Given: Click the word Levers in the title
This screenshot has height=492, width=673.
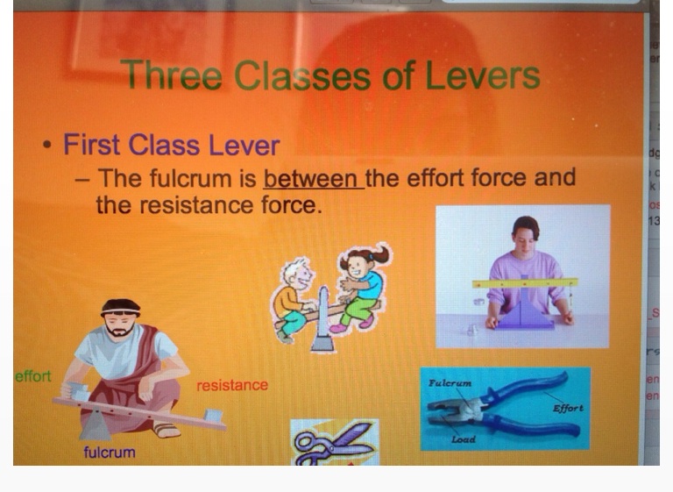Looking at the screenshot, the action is [483, 75].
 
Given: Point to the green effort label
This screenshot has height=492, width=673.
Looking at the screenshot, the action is [33, 376].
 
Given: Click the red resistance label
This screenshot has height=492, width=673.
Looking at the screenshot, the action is [232, 385].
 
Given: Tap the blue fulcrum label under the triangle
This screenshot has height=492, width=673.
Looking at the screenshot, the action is [110, 452].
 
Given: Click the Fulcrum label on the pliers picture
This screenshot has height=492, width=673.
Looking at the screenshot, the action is [450, 382].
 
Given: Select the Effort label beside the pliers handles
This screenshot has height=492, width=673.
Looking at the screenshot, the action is [568, 408].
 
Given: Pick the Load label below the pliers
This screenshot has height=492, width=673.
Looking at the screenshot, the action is [463, 439].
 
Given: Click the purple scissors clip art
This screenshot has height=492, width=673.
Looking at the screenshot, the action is [334, 444].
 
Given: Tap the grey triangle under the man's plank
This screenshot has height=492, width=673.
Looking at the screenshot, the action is [96, 424].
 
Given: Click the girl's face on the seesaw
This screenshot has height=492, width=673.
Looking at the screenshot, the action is [358, 266].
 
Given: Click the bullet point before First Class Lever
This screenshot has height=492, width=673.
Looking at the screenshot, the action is [47, 145].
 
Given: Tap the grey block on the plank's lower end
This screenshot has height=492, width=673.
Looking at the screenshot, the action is [213, 415].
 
